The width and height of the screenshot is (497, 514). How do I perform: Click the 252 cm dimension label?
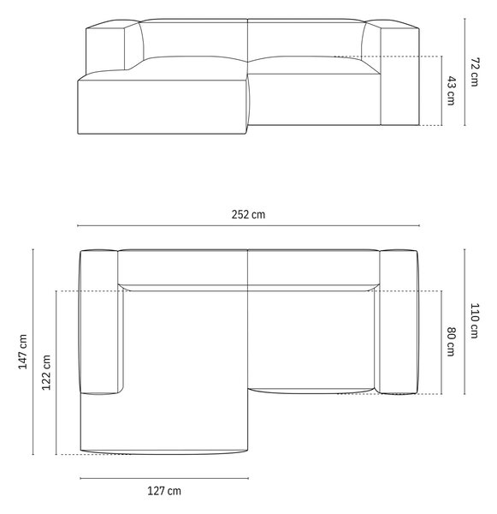248,214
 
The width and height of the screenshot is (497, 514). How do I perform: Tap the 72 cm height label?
475,72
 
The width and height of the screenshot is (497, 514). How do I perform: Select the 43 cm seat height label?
451,91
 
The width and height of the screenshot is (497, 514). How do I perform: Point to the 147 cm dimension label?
22,352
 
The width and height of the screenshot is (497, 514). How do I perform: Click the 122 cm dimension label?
46,373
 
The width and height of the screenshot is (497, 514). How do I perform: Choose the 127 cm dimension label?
164,491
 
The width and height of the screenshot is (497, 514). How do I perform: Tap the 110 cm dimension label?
475,320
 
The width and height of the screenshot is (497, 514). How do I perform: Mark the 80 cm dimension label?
451,342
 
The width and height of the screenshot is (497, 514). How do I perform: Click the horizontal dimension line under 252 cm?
248,225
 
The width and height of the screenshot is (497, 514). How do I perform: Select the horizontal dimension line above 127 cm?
164,478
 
